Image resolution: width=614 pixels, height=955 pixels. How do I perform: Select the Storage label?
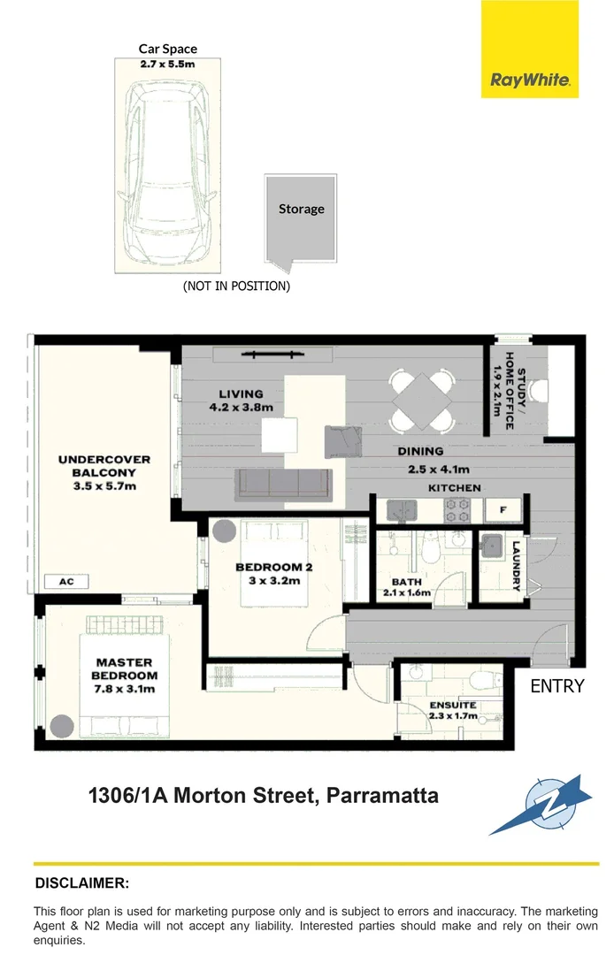(x=301, y=210)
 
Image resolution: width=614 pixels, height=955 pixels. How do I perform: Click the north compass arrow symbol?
(x=540, y=806)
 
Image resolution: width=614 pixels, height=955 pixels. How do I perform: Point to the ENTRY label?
(x=556, y=685)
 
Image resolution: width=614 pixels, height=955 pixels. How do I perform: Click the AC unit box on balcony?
(x=65, y=583)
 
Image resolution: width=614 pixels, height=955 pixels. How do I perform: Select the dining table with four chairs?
(x=422, y=401)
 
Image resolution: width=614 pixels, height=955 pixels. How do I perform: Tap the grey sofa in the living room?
(x=282, y=484)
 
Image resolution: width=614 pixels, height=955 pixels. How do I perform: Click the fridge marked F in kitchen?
(x=502, y=510)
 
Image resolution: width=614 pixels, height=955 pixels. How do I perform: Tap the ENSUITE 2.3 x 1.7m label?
(x=453, y=710)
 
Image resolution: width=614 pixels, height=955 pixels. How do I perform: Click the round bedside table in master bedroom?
(x=61, y=727)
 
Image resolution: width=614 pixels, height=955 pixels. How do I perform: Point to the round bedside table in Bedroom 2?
(x=223, y=532)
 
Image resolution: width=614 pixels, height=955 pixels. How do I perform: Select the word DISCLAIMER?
(x=81, y=882)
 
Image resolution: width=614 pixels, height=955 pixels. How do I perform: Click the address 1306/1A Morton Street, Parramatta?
(x=263, y=795)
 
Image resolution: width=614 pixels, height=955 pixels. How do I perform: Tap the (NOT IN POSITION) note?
(x=236, y=286)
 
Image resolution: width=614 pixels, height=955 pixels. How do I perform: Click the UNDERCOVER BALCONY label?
(x=104, y=472)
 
